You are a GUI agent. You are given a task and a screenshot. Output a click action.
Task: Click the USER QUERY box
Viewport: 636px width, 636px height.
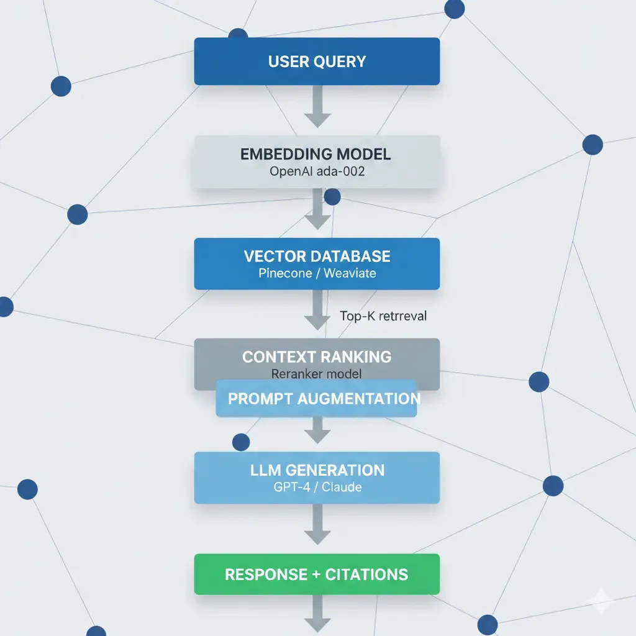pyautogui.click(x=317, y=61)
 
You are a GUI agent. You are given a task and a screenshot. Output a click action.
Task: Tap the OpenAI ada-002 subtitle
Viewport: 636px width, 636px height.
pyautogui.click(x=317, y=171)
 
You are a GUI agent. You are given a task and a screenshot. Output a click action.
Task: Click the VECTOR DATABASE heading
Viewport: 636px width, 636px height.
pyautogui.click(x=317, y=256)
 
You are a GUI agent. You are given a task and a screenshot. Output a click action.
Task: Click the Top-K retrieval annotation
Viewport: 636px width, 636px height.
pyautogui.click(x=383, y=316)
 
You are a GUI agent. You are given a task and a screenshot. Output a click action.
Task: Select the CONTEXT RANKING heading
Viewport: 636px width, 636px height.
pyautogui.click(x=317, y=357)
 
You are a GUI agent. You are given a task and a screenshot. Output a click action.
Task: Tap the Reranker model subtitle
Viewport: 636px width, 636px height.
pyautogui.click(x=317, y=374)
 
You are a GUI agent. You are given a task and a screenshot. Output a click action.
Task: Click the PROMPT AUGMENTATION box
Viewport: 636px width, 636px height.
pyautogui.click(x=317, y=399)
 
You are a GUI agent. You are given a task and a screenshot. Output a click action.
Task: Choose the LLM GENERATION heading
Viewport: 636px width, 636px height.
pyautogui.click(x=317, y=470)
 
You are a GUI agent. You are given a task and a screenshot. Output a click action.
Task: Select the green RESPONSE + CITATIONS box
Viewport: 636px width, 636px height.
pyautogui.click(x=317, y=574)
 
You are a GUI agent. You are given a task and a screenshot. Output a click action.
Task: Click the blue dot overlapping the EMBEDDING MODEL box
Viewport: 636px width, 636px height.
pyautogui.click(x=332, y=198)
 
